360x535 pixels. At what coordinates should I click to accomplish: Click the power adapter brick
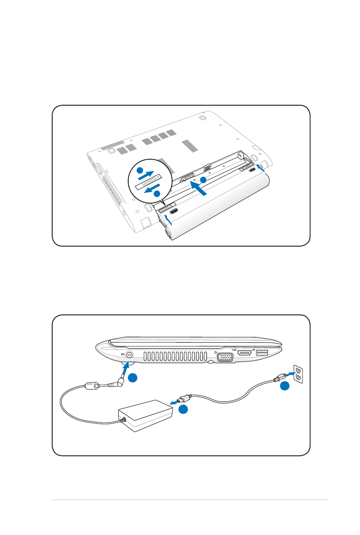pyautogui.click(x=146, y=416)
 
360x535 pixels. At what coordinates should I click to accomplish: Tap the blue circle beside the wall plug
pyautogui.click(x=285, y=387)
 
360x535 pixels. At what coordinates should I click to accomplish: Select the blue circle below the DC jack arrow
pyautogui.click(x=133, y=378)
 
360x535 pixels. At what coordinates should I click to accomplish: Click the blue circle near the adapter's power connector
pyautogui.click(x=184, y=409)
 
